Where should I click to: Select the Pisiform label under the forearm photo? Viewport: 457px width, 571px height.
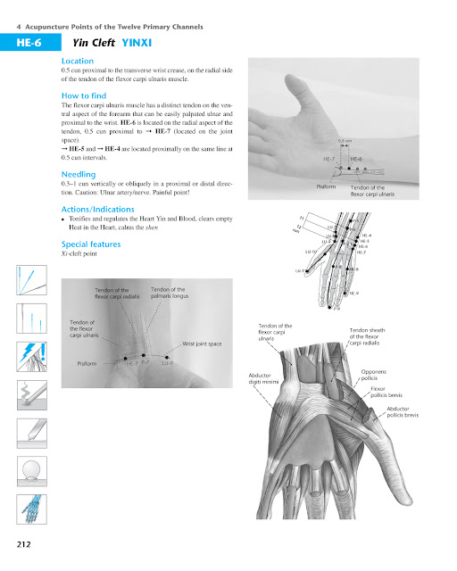pyautogui.click(x=326, y=187)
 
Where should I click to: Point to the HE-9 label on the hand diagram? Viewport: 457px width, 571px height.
pyautogui.click(x=354, y=293)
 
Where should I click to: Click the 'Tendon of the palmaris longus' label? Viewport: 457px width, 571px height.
pyautogui.click(x=169, y=293)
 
